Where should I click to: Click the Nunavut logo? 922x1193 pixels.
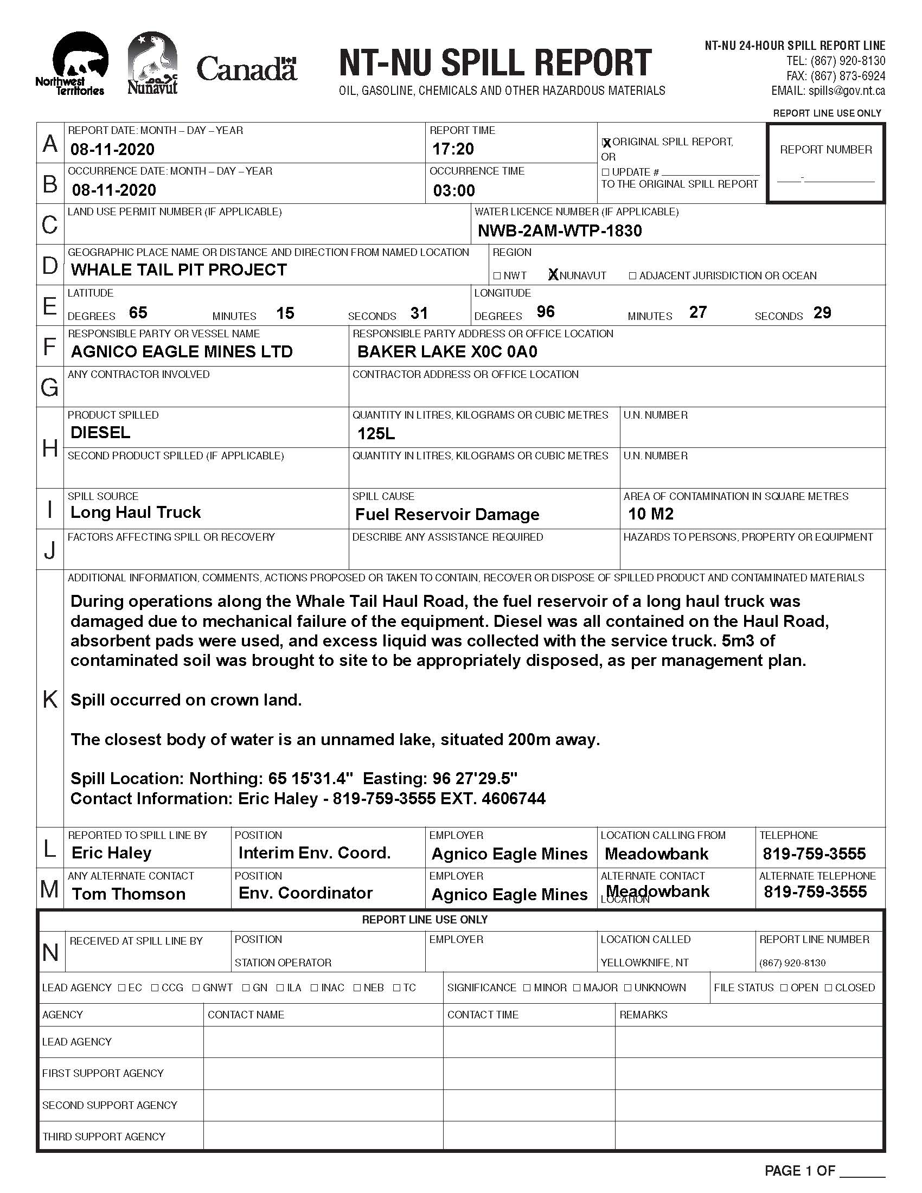pos(152,63)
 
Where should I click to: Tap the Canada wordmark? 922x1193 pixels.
pos(246,69)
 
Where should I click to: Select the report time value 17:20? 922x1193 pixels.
pos(453,149)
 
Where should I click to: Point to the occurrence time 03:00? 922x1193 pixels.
pos(454,190)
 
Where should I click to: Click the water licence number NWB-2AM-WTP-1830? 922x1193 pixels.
pos(559,230)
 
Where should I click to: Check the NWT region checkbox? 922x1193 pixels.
pos(496,276)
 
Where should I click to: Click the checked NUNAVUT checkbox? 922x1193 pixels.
pos(553,275)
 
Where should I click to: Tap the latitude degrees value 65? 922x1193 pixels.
pos(138,312)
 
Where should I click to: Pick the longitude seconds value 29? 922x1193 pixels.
pos(822,312)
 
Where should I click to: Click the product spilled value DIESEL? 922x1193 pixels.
pos(100,433)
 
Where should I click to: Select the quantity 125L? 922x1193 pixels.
pos(376,434)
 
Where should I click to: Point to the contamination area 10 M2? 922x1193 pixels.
pos(650,514)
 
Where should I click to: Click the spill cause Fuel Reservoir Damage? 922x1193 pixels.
pos(447,514)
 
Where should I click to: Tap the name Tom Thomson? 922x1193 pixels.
pos(129,894)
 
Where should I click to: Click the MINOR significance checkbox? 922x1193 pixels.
pos(527,987)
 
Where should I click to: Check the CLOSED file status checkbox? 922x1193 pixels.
pos(829,987)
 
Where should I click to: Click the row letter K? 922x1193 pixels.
pos(50,698)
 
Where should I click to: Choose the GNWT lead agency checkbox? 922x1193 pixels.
pos(196,987)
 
